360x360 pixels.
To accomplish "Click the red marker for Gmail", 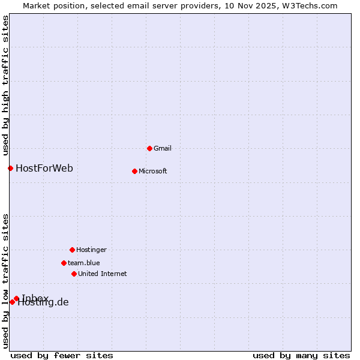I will click(x=149, y=148).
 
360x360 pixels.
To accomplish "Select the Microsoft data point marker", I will click(x=134, y=171).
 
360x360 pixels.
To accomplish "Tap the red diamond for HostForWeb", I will click(x=10, y=168).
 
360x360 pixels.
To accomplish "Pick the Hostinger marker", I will click(x=72, y=250).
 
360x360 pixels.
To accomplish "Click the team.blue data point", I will click(x=64, y=263).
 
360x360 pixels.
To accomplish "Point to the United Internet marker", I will click(x=74, y=274).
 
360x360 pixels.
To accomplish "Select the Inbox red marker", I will click(x=16, y=298).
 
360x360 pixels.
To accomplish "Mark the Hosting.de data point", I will click(x=12, y=302).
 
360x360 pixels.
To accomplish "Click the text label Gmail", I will click(x=163, y=148).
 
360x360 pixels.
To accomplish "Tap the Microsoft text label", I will click(x=153, y=171).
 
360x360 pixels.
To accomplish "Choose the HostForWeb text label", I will click(x=44, y=168).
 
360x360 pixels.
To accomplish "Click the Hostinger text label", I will click(x=91, y=250).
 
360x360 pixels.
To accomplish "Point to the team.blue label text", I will click(x=84, y=263).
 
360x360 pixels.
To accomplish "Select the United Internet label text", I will click(x=103, y=274).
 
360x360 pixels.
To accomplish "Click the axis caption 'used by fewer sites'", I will click(x=62, y=355).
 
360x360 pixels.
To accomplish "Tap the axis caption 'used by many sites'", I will click(x=301, y=355).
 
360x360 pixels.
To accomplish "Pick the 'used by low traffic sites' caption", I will click(x=5, y=280).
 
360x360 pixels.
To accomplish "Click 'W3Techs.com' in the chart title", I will click(x=310, y=5).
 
